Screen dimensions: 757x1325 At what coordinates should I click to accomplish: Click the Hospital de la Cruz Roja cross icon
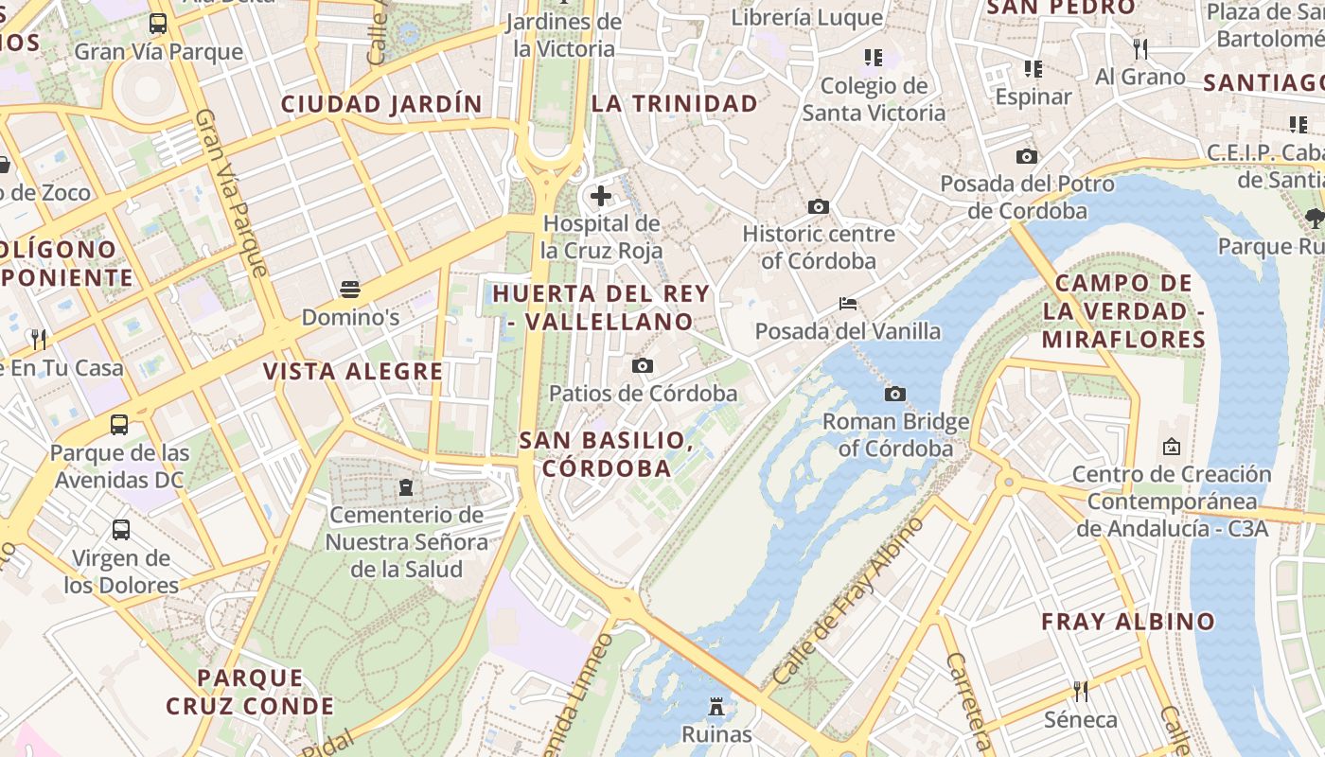(x=601, y=196)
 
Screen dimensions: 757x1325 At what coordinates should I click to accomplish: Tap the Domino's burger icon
(x=350, y=288)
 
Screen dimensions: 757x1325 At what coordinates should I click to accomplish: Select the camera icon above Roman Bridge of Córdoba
(x=894, y=394)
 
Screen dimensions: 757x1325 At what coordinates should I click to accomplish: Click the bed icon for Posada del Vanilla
(x=848, y=304)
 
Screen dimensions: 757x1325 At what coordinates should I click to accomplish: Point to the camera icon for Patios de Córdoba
(x=643, y=365)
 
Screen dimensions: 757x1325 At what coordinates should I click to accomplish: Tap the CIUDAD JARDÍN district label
(x=381, y=104)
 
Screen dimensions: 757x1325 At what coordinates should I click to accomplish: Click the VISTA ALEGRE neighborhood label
(x=353, y=371)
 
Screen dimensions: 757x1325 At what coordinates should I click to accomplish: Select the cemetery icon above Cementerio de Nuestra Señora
(x=406, y=487)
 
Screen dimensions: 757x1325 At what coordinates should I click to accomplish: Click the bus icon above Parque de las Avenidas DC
(x=119, y=425)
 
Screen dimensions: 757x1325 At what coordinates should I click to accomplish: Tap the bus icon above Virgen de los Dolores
(x=121, y=530)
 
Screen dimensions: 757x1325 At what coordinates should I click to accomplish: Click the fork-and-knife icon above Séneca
(x=1080, y=692)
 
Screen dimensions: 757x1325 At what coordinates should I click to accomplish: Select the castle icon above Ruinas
(x=716, y=706)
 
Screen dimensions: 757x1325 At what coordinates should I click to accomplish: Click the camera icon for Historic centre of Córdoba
(x=819, y=206)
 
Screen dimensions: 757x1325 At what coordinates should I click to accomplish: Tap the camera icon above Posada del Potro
(x=1027, y=156)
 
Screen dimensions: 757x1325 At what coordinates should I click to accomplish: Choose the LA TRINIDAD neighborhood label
(x=675, y=104)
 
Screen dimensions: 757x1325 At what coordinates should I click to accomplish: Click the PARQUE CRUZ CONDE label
(x=250, y=692)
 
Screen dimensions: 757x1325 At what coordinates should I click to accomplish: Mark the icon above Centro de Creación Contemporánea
(x=1172, y=446)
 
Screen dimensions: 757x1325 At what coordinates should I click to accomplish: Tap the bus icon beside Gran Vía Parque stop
(x=158, y=24)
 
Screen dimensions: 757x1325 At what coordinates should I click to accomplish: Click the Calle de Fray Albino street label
(x=848, y=602)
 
